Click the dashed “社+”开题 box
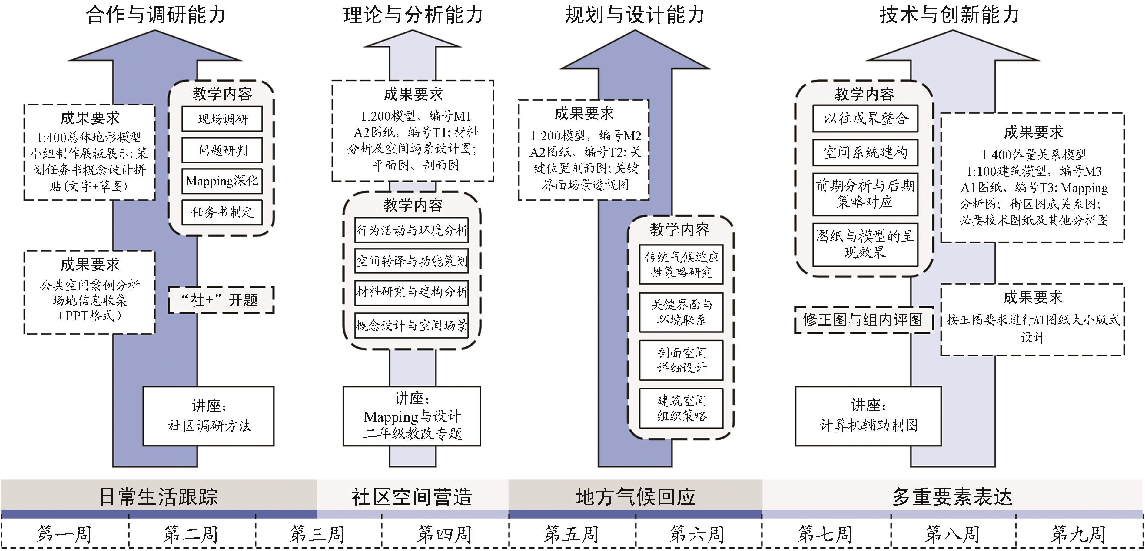pyautogui.click(x=221, y=300)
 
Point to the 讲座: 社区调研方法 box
pyautogui.click(x=208, y=416)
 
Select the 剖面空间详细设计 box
pyautogui.click(x=681, y=360)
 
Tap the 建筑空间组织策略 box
pyautogui.click(x=681, y=408)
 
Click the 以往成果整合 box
pyautogui.click(x=865, y=118)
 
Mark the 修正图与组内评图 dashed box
pyautogui.click(x=863, y=319)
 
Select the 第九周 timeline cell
pyautogui.click(x=1078, y=534)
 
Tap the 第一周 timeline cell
pyautogui.click(x=65, y=534)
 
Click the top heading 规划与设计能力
pyautogui.click(x=634, y=15)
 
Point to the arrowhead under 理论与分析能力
pyautogui.click(x=413, y=40)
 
